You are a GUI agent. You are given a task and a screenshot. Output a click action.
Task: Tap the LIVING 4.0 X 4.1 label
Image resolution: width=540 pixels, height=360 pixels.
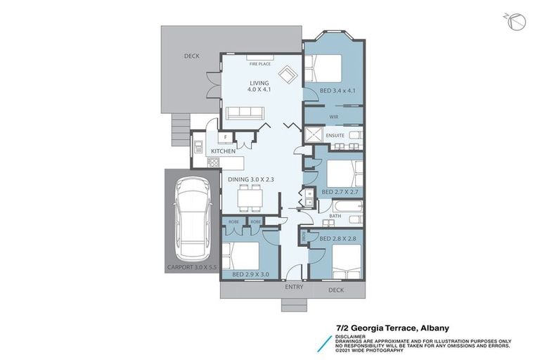[259, 86]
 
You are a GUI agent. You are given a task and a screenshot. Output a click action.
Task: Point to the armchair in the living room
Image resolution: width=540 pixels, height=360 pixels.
[287, 73]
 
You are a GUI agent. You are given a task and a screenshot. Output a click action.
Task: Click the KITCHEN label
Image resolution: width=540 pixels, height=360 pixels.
[224, 151]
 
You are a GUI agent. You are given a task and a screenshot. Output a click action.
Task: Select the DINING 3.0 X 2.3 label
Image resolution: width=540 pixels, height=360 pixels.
[250, 179]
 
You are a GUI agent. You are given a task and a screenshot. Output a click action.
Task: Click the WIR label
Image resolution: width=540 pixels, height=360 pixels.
[334, 117]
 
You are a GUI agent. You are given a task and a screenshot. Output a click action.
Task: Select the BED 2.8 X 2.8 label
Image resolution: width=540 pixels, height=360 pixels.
[337, 239]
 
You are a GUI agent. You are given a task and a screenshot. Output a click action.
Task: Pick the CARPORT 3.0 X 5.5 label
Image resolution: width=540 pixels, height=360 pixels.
[192, 268]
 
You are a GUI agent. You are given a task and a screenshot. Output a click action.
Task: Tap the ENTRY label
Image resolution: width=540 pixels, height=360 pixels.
[294, 288]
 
